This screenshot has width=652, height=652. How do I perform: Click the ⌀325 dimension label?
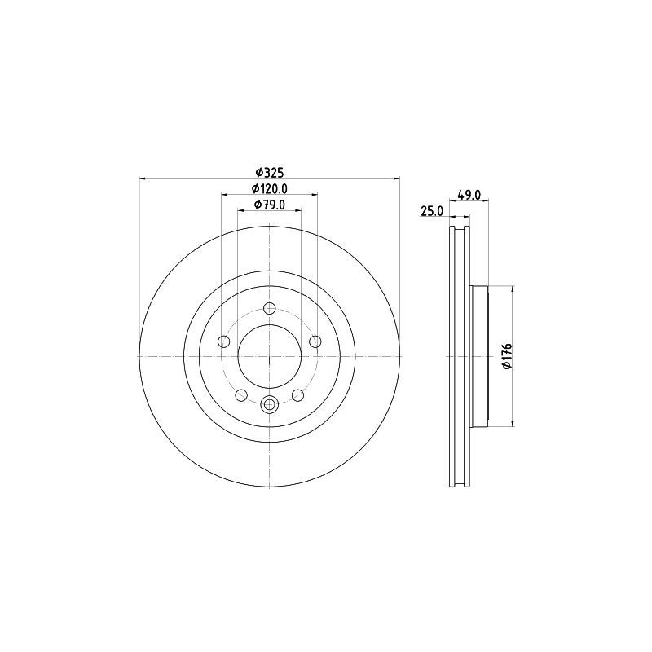270,172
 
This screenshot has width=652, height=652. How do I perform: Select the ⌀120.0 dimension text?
270,188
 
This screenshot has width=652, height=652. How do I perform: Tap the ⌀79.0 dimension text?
270,205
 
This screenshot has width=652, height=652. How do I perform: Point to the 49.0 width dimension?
469,194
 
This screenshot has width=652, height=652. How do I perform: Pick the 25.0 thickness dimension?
433,211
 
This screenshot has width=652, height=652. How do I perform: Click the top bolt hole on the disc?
270,309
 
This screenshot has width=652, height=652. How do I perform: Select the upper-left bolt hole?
223,341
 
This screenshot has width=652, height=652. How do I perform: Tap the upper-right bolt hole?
315,341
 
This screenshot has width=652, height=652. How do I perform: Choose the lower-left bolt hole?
241,395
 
